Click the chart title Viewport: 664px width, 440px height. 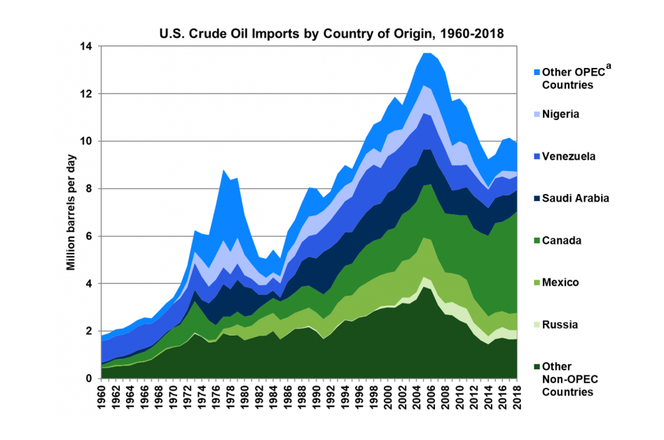[331, 33]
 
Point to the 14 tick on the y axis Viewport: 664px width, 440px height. [89, 46]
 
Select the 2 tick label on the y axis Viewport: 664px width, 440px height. [91, 331]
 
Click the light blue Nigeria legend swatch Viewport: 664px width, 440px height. [537, 114]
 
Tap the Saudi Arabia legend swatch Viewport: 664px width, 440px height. [537, 198]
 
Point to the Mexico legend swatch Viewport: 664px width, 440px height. [537, 282]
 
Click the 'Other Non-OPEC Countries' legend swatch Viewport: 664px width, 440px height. [537, 366]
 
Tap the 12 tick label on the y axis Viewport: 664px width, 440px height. [89, 94]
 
